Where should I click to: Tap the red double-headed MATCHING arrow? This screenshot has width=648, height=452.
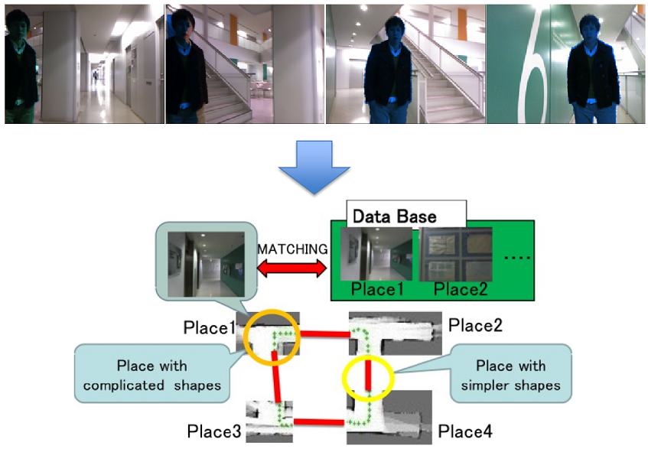click(x=291, y=268)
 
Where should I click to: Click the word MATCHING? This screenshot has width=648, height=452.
click(x=292, y=249)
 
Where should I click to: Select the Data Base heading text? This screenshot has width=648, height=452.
click(x=394, y=216)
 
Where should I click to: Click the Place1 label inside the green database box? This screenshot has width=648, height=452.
click(x=376, y=289)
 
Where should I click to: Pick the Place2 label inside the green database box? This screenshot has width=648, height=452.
click(x=461, y=289)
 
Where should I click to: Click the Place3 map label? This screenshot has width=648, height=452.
click(x=213, y=431)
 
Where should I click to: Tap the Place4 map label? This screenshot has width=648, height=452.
click(x=465, y=432)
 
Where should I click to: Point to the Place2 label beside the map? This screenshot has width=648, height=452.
click(x=475, y=326)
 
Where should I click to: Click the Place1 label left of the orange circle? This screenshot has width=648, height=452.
click(x=210, y=327)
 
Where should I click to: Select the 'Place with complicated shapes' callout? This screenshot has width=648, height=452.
click(x=152, y=373)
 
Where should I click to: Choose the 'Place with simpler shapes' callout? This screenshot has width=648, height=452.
click(x=511, y=373)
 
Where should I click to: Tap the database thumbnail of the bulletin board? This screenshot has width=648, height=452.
click(x=455, y=254)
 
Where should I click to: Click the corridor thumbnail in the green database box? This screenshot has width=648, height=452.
click(x=376, y=254)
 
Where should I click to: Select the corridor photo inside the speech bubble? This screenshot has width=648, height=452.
click(x=206, y=265)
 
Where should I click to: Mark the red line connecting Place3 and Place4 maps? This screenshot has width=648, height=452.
click(x=318, y=422)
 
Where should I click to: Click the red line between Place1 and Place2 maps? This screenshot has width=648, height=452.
click(x=325, y=333)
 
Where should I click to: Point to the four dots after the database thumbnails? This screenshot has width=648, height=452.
click(x=517, y=258)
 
